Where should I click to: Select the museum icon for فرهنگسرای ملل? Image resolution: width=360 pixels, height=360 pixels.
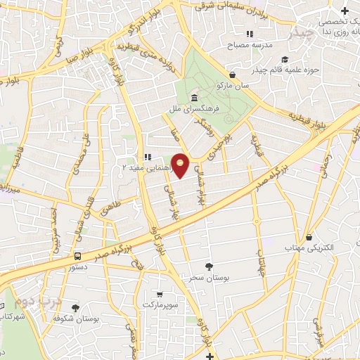click(193, 98)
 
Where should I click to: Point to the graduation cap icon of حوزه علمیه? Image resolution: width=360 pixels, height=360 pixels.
click(284, 59)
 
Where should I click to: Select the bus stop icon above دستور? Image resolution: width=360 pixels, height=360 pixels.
click(78, 256)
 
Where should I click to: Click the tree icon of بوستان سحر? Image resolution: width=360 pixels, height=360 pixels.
click(209, 266)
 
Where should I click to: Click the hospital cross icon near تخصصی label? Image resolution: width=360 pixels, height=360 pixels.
click(345, 11)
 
